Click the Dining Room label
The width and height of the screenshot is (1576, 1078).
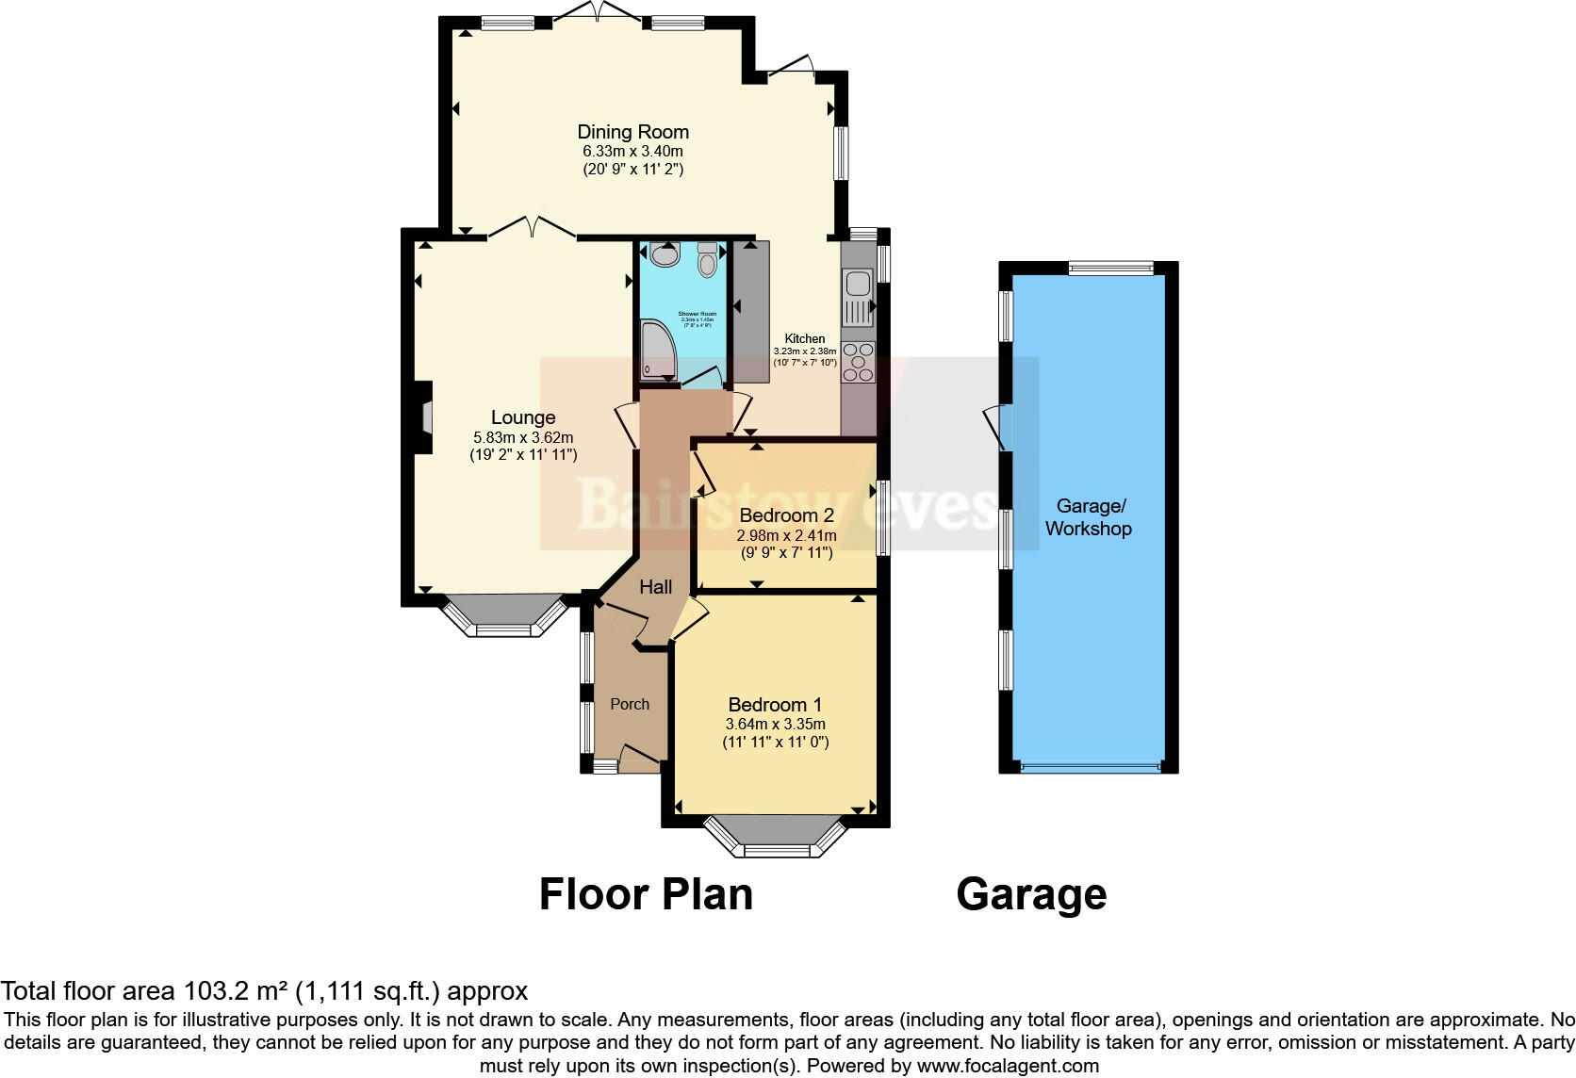(x=632, y=132)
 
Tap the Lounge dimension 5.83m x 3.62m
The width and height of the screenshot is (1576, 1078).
(x=523, y=437)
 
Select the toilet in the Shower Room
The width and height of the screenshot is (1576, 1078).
(x=707, y=259)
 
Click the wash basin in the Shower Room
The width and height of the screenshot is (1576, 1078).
(x=665, y=254)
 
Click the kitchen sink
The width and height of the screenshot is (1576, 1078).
(x=858, y=297)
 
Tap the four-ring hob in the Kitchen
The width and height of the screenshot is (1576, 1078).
(x=858, y=362)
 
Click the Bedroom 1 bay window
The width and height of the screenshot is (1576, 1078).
(x=776, y=841)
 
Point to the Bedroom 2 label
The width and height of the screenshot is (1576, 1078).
(x=786, y=515)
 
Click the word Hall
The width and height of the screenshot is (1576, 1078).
(x=656, y=587)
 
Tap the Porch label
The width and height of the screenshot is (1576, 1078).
(x=630, y=704)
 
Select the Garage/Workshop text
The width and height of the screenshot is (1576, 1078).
(x=1088, y=517)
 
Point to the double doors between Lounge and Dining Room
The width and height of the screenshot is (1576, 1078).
(x=533, y=229)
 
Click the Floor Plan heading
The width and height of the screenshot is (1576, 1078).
(x=646, y=894)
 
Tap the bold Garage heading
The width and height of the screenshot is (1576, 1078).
(x=1031, y=894)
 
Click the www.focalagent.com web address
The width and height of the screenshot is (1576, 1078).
(x=1007, y=1067)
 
